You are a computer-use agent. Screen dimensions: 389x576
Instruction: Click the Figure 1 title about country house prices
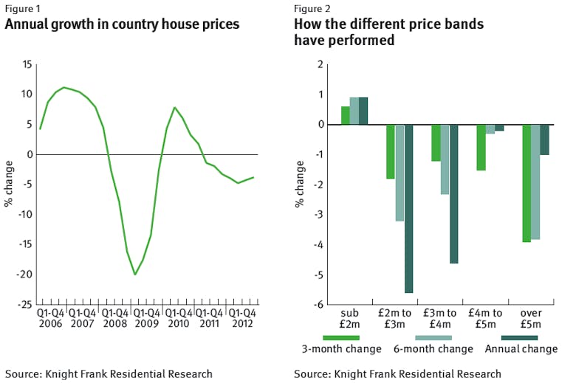tap(122, 24)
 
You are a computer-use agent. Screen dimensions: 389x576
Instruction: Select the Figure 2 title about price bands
tap(388, 32)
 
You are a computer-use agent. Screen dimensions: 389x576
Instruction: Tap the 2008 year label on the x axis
tap(114, 323)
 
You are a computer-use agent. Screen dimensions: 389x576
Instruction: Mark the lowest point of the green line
tap(135, 275)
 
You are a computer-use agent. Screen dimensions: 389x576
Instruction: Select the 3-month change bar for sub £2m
tap(345, 115)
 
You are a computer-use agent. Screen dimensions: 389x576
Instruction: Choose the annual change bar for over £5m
tap(544, 140)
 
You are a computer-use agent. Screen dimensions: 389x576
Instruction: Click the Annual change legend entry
tap(521, 348)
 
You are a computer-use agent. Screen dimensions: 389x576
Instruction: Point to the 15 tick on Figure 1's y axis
tap(27, 64)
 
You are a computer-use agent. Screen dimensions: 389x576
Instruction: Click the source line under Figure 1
tap(109, 374)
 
